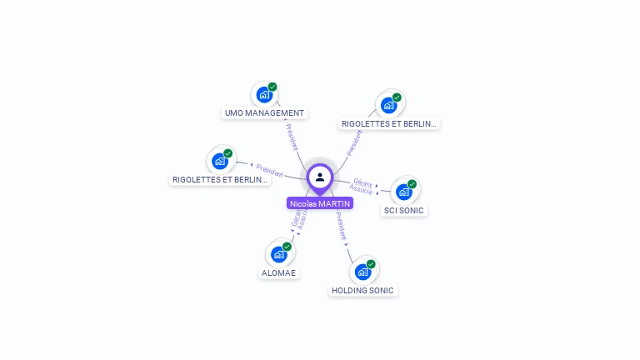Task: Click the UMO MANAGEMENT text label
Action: (x=265, y=112)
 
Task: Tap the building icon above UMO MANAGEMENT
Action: (x=264, y=94)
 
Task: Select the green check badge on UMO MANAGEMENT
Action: (x=272, y=87)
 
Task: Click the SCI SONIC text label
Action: (x=404, y=210)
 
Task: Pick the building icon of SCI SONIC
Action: (x=404, y=192)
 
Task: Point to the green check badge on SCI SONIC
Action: (x=412, y=184)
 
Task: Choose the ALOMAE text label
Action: (x=278, y=272)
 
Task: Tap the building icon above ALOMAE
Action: (x=278, y=254)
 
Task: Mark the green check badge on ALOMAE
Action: (x=287, y=247)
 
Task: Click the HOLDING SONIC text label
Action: (x=362, y=290)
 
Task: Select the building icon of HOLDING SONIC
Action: (x=362, y=272)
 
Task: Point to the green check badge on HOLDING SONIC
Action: (x=371, y=264)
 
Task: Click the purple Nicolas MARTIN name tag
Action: (x=320, y=203)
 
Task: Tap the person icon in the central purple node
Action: (x=320, y=177)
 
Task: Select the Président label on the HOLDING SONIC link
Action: (x=341, y=225)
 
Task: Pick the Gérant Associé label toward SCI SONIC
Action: (x=362, y=185)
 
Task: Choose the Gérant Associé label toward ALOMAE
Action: (x=299, y=219)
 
